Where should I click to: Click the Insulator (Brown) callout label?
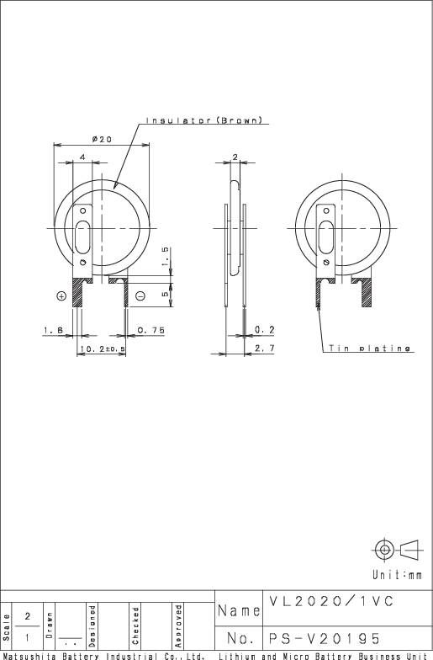[207, 120]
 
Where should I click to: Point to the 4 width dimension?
[82, 157]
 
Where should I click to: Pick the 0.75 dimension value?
[151, 330]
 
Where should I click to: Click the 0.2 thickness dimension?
[264, 330]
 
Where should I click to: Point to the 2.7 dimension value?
[264, 348]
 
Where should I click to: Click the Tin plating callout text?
[370, 349]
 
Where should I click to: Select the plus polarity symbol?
[61, 295]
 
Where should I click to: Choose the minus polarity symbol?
[140, 295]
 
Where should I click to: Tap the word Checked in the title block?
[135, 624]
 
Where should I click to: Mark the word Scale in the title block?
[7, 624]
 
